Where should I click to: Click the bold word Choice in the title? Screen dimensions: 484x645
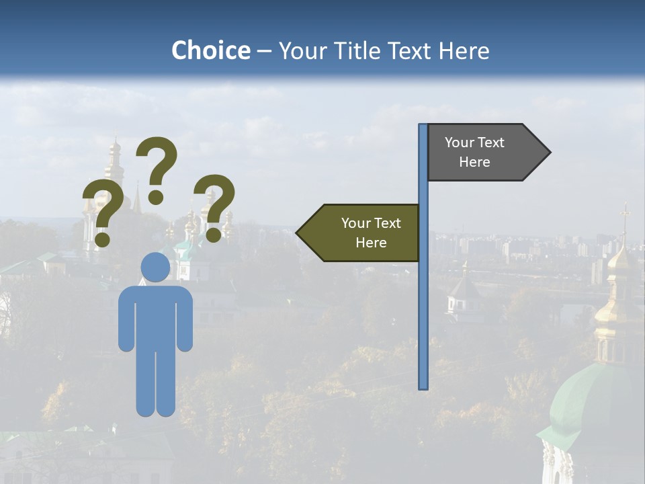[x=210, y=50]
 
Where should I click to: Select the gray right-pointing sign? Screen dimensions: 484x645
[x=484, y=153]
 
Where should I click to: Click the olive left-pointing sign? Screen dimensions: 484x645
[x=363, y=233]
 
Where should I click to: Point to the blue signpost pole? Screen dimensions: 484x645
[x=423, y=302]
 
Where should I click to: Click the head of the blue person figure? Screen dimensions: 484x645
[x=155, y=267]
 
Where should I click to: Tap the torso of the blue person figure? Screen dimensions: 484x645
[x=155, y=316]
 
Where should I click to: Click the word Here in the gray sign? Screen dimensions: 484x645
[x=474, y=162]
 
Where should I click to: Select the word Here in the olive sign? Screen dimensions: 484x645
[x=371, y=243]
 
